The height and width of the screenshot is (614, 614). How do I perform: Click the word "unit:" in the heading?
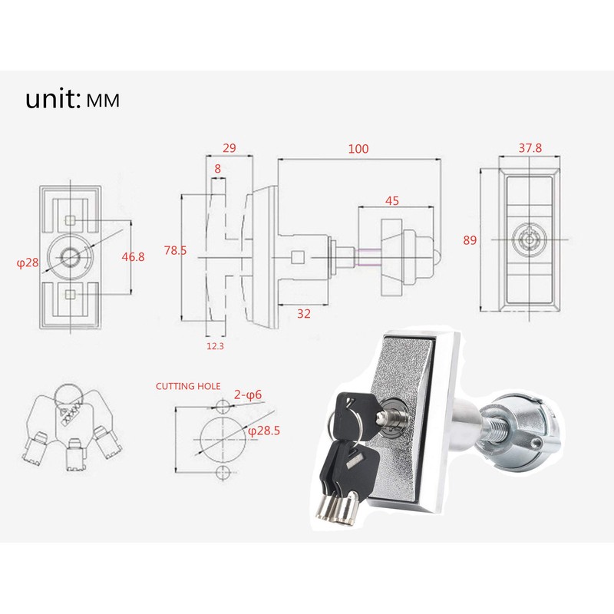(53, 100)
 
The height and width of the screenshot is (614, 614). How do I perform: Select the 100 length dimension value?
(358, 148)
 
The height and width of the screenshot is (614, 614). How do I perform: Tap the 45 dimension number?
(391, 201)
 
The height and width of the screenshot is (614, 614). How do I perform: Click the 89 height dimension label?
(470, 240)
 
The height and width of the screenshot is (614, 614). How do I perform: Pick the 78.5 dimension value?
(175, 249)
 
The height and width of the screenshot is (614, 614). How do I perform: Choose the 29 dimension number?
(229, 148)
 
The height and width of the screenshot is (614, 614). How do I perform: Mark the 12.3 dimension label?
(215, 347)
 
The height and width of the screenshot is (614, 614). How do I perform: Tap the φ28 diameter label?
(27, 263)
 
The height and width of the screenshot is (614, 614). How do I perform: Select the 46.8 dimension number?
(133, 257)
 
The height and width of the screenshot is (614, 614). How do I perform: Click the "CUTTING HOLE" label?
(188, 386)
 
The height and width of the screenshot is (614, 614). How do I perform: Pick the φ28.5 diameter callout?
(263, 431)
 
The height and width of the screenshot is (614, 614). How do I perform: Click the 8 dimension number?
(218, 168)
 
